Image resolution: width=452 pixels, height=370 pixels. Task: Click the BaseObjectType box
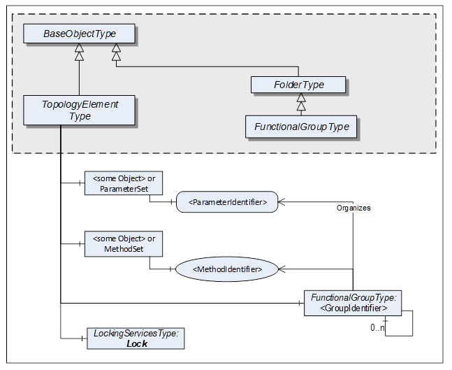79,33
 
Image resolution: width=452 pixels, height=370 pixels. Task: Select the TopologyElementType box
80,111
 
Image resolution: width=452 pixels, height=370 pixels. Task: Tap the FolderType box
298,85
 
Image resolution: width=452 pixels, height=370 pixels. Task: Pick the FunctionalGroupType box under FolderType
302,127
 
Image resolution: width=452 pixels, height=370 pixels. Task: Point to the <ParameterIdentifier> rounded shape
227,203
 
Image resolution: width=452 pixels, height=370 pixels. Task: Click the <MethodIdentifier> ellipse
228,268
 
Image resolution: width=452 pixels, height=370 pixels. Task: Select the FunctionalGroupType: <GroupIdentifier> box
355,301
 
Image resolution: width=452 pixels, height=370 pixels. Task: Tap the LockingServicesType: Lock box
136,339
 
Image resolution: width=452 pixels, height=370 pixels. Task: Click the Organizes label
353,208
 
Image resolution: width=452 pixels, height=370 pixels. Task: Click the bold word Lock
137,343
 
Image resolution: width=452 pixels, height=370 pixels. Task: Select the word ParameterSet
121,189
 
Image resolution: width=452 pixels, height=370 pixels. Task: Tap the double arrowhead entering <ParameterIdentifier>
283,201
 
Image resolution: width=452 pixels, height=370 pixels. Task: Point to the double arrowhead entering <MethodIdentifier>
283,268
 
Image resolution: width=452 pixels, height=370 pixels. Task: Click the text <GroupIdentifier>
355,307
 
